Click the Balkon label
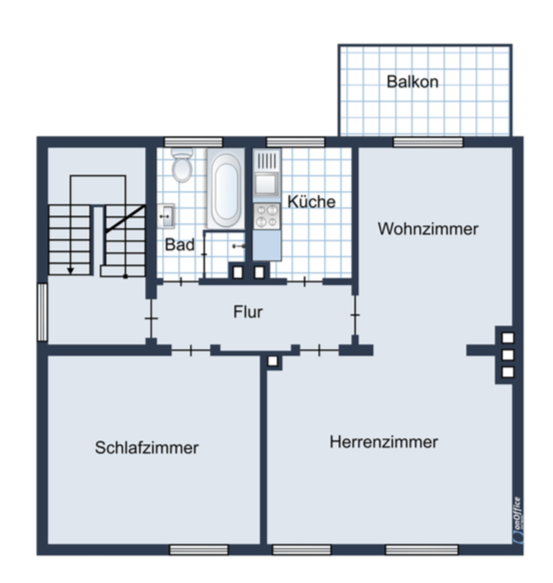tap(412, 82)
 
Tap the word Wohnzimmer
tap(428, 229)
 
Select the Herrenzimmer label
tap(383, 442)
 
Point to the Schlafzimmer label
tap(146, 448)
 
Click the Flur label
tap(248, 312)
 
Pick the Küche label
tap(311, 201)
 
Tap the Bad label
tap(179, 245)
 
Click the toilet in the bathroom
tap(182, 165)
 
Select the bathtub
tap(225, 189)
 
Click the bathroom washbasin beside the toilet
tap(166, 216)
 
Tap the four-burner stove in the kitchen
tap(267, 216)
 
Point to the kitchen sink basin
tap(266, 183)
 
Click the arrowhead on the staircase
tap(70, 271)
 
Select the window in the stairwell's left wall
tap(43, 312)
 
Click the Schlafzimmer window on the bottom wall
tap(199, 549)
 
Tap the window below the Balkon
tap(428, 142)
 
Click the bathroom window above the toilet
tap(194, 142)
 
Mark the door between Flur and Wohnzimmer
tap(355, 315)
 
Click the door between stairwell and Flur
tap(152, 318)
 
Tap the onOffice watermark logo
tap(518, 520)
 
